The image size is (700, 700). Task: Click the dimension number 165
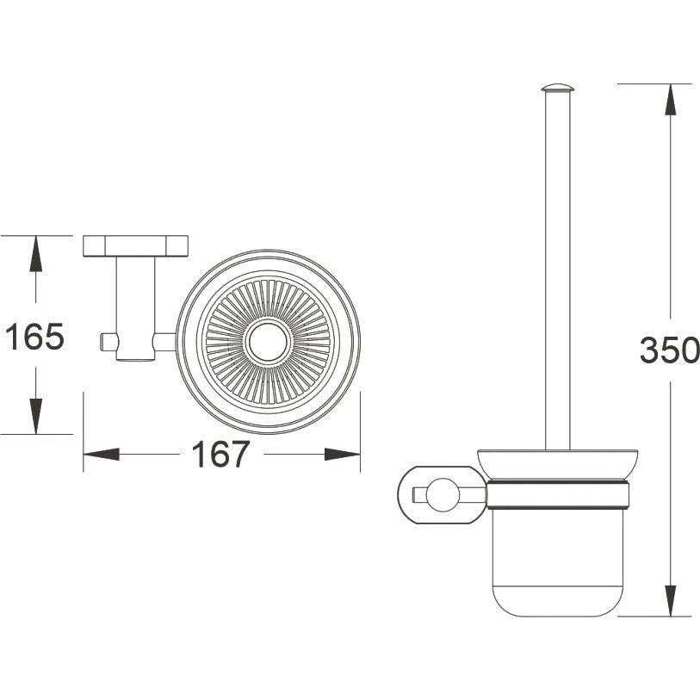tap(34, 337)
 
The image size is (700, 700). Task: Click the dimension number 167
tap(220, 454)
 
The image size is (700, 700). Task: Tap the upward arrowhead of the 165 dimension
tap(35, 254)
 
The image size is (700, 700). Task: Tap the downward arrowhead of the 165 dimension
tap(35, 416)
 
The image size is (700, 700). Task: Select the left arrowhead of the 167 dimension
tap(102, 455)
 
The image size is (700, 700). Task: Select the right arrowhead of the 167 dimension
tap(342, 455)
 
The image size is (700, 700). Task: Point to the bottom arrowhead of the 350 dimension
tap(670, 600)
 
